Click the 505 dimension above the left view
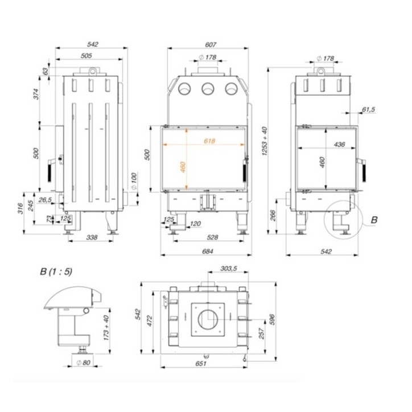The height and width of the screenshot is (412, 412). click(86, 56)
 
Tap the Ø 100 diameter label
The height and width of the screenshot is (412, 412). click(133, 180)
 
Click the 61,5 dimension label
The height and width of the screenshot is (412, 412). click(368, 109)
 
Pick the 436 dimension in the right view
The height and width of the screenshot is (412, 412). click(340, 145)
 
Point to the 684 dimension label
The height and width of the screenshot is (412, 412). click(208, 252)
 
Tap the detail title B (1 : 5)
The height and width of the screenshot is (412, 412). click(56, 271)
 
